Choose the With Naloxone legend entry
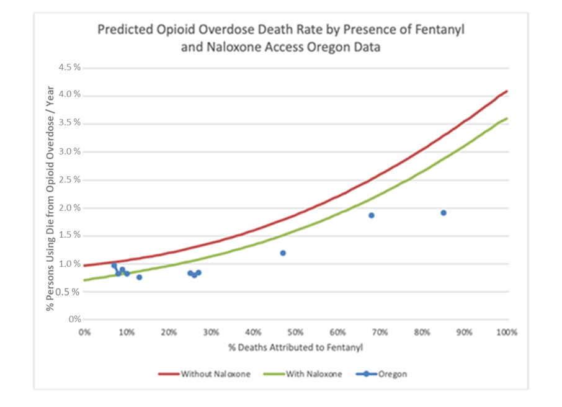click(313, 374)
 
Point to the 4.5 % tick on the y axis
click(69, 67)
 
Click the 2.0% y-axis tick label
click(69, 207)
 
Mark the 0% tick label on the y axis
click(74, 320)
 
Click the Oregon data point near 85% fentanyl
click(444, 213)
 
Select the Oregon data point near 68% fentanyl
click(372, 215)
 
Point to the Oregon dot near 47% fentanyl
click(283, 253)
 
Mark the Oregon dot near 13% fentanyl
click(139, 277)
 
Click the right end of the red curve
click(507, 91)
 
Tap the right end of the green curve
click(507, 119)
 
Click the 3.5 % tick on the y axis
click(69, 123)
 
